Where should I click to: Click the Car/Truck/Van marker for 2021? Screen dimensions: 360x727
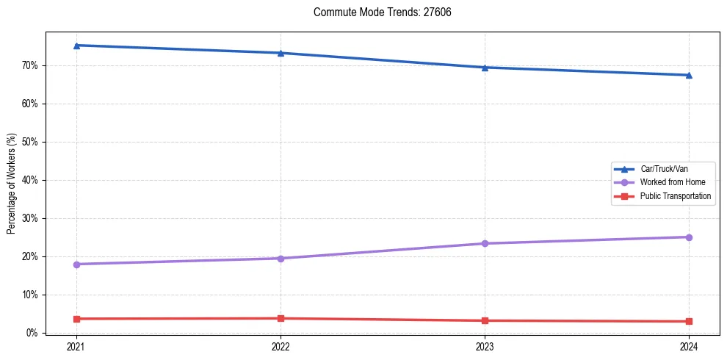tap(76, 46)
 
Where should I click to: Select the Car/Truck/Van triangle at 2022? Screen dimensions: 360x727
tap(281, 53)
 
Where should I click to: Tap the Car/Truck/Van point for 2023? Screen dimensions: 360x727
tap(485, 68)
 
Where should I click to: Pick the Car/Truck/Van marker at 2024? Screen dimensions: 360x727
tap(689, 75)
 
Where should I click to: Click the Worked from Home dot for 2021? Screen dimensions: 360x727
tap(76, 264)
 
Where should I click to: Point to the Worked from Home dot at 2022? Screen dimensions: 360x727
tap(281, 258)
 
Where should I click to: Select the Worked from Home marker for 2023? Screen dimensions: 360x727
tap(485, 243)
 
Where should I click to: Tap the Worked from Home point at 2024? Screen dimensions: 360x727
tap(689, 237)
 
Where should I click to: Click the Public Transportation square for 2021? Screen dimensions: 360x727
tap(76, 319)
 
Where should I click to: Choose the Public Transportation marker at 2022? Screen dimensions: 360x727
tap(281, 318)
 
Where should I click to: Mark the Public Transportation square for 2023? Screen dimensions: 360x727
tap(485, 320)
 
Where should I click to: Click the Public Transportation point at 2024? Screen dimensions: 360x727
tap(689, 321)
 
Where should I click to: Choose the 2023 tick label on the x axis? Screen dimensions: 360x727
tap(485, 346)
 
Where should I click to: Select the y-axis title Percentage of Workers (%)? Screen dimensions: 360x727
tap(12, 184)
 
